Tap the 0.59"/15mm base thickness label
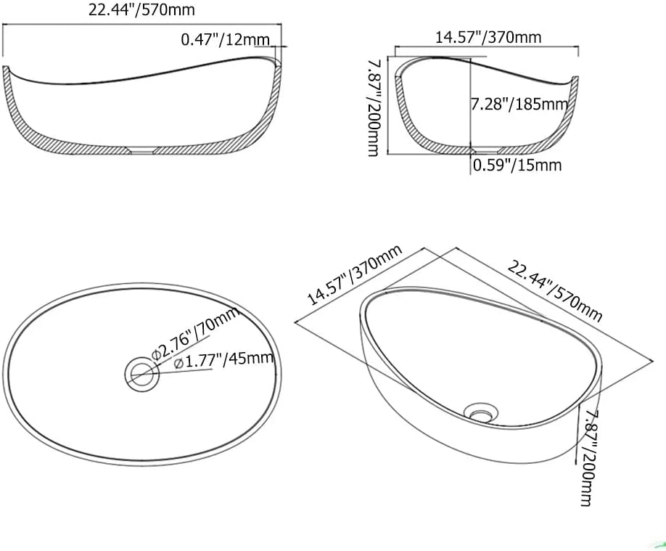(517, 165)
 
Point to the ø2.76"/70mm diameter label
(196, 335)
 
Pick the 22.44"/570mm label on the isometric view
(554, 293)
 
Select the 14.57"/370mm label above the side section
(488, 38)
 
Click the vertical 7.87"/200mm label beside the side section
(374, 107)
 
